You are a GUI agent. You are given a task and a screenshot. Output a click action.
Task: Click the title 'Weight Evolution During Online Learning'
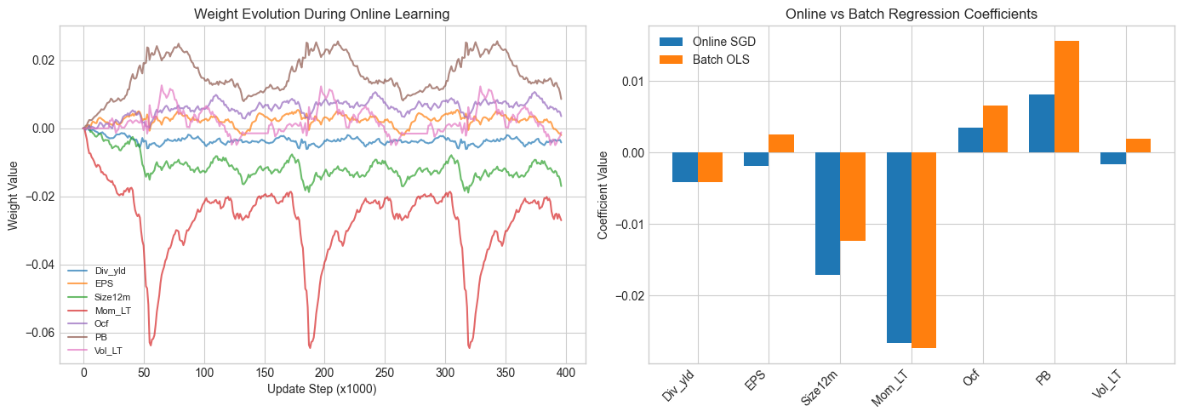[x=322, y=14]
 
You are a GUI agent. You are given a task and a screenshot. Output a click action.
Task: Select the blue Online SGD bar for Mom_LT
[x=899, y=248]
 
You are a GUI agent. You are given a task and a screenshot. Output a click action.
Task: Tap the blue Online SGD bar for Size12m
[x=827, y=214]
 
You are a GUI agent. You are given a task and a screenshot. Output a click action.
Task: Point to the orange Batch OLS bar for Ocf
[x=995, y=129]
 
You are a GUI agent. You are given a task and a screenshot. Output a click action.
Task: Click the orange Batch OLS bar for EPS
[x=781, y=144]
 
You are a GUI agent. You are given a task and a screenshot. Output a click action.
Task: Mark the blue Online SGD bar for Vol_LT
[x=1112, y=158]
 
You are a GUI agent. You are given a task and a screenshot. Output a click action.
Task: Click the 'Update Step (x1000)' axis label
[x=322, y=389]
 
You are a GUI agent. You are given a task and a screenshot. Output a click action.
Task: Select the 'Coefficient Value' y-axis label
[x=603, y=195]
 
